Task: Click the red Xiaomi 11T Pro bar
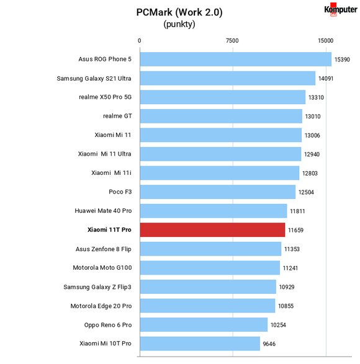tap(212, 230)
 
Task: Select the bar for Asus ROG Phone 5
tap(236, 59)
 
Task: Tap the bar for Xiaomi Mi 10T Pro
tap(200, 344)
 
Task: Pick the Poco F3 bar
tap(218, 192)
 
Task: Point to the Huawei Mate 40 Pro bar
tap(214, 211)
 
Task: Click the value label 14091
tap(326, 79)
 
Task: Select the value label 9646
tap(269, 344)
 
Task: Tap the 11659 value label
tap(295, 230)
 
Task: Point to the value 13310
tap(316, 97)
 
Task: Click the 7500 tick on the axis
tap(232, 41)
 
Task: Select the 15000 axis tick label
tap(325, 41)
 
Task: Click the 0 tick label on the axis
tap(139, 41)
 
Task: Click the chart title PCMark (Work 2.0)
tap(179, 12)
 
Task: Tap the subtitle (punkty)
tap(179, 24)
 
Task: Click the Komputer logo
tap(341, 10)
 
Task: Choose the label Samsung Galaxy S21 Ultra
tap(94, 79)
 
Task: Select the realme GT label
tap(117, 116)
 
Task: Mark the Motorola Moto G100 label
tap(102, 268)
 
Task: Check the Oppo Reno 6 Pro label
tap(108, 325)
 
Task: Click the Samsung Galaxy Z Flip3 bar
tap(208, 286)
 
